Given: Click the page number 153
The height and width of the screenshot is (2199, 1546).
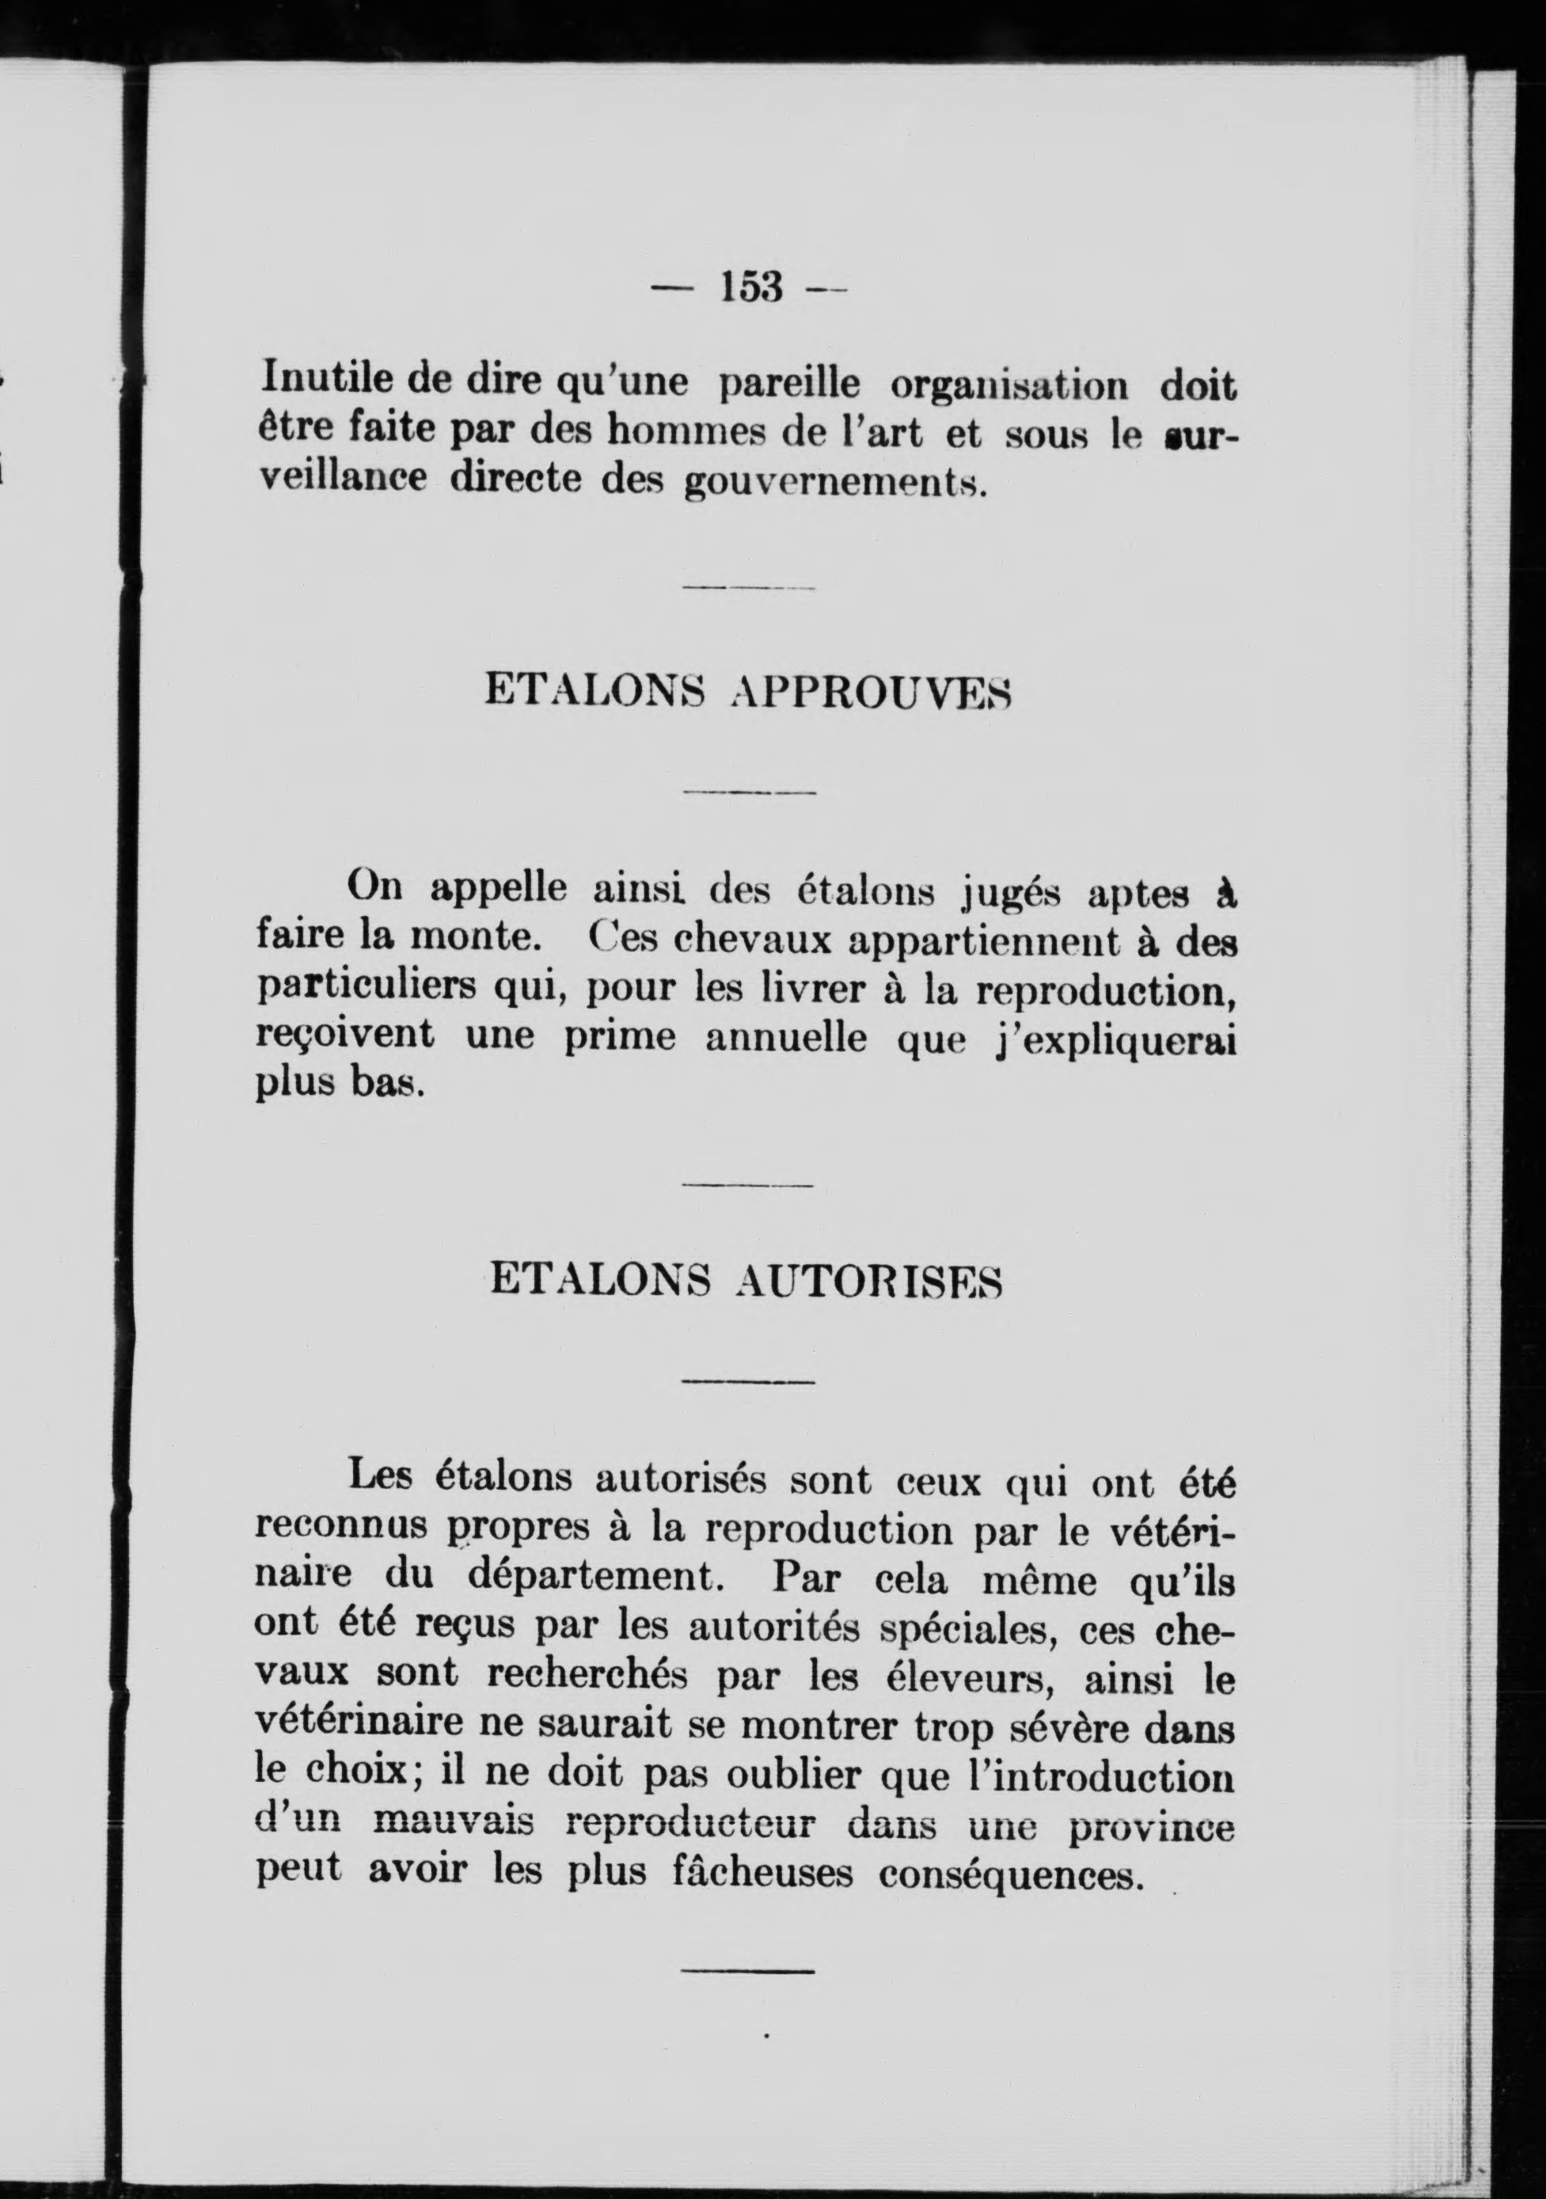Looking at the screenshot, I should tap(753, 287).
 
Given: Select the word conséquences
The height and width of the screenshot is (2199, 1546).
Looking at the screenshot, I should tap(1012, 1872).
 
